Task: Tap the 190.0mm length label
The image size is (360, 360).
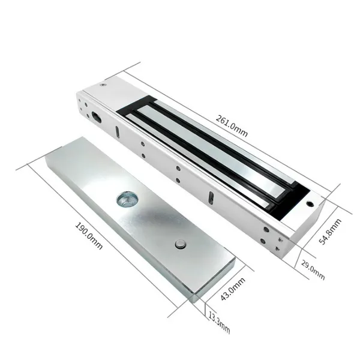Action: coord(89,236)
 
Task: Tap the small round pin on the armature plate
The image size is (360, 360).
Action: coord(179,244)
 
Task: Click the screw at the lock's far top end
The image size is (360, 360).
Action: coord(104,85)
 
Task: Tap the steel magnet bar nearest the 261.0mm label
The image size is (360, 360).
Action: coord(222,144)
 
